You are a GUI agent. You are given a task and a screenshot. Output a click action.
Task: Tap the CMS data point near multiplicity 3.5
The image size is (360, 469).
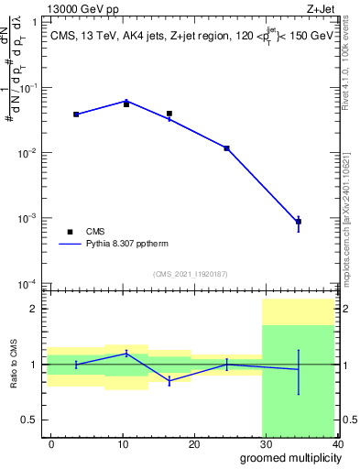coord(76,115)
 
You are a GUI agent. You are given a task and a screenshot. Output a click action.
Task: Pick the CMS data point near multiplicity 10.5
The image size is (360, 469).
coord(126,104)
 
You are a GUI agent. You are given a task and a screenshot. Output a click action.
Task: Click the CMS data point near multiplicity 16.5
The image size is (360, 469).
coord(169,114)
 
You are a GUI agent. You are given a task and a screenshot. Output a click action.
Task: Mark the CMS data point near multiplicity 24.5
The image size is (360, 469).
coord(226,148)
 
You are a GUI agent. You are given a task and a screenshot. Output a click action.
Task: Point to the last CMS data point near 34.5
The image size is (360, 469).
coord(299,222)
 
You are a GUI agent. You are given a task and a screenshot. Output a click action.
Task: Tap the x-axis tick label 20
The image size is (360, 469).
coord(194,443)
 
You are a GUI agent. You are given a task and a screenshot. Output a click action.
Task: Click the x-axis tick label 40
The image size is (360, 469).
coord(337,443)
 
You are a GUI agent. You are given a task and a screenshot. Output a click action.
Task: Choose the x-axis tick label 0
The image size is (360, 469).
coord(51,443)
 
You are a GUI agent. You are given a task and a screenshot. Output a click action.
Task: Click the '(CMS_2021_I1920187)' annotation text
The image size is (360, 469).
coord(191,274)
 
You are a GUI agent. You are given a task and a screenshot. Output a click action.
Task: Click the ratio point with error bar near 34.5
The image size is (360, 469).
coord(299,369)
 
